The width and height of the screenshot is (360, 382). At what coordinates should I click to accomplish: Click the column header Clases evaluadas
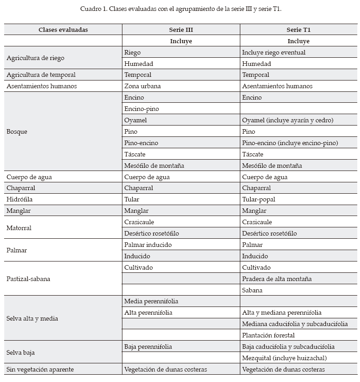(63, 30)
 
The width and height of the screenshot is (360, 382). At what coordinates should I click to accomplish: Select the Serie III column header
(181, 30)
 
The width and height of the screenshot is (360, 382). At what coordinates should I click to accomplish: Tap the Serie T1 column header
(298, 30)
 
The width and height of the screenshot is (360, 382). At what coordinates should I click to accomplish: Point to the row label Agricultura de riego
(35, 58)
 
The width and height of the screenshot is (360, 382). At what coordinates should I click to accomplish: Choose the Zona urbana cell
(142, 86)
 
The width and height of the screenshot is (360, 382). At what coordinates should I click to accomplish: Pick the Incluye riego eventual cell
(274, 52)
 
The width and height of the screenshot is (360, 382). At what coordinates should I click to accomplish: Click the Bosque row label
(17, 131)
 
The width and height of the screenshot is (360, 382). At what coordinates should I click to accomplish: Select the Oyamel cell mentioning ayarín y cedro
(288, 120)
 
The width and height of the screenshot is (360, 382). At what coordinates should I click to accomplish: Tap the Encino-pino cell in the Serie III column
(142, 109)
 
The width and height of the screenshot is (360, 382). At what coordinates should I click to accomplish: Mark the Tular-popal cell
(259, 199)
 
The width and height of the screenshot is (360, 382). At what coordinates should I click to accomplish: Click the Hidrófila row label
(20, 199)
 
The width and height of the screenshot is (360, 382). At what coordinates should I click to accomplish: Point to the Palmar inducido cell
(148, 245)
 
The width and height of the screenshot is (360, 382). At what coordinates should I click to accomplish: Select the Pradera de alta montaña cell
(277, 279)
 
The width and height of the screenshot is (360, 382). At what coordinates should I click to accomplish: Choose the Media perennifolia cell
(151, 301)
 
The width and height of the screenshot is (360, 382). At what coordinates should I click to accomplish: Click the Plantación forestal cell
(268, 335)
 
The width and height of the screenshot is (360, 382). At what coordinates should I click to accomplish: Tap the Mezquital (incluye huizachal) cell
(284, 358)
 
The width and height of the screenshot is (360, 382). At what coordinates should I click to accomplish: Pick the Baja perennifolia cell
(148, 347)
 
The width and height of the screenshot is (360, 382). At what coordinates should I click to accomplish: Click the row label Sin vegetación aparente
(40, 369)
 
